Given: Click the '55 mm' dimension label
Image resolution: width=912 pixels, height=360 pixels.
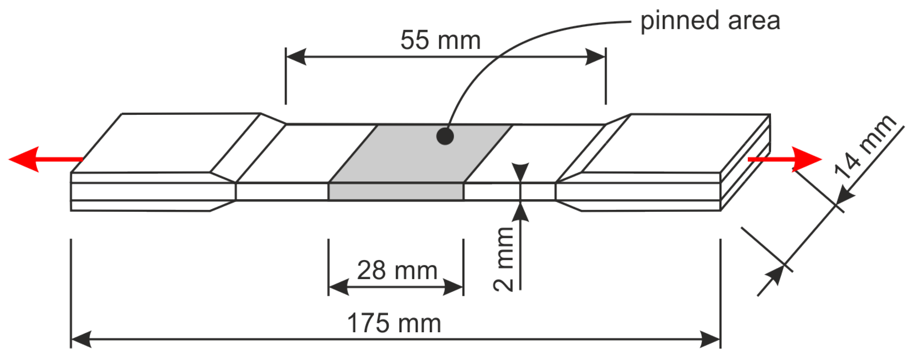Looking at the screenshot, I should click(440, 40).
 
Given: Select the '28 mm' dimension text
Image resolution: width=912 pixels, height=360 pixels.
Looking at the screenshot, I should click(397, 271).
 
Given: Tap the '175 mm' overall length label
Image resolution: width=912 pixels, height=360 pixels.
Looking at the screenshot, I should click(394, 324).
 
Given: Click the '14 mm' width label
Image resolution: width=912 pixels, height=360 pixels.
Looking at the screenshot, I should click(865, 146).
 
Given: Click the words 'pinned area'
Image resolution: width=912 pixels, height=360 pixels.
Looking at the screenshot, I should click(710, 21).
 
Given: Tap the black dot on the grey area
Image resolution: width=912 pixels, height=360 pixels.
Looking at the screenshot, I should click(445, 136).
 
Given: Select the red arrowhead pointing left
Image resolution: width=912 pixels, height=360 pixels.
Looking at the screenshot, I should click(25, 159).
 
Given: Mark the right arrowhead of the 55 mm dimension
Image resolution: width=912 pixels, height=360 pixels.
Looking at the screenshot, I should click(595, 57).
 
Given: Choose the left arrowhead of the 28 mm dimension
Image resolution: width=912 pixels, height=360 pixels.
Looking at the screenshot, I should click(338, 287).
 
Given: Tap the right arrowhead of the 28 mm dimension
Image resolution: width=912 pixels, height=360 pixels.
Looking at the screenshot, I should click(453, 287).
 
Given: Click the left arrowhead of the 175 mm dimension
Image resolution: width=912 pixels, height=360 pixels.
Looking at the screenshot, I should click(81, 339).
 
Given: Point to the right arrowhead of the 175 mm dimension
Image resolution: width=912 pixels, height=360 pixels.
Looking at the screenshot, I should click(710, 339).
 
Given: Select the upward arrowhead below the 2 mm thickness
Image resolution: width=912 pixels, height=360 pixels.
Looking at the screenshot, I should click(520, 212).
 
